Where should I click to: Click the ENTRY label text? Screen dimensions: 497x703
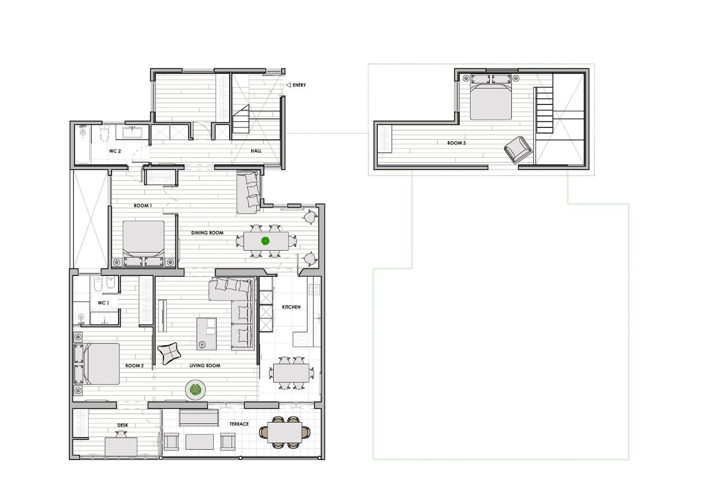[x=299, y=85]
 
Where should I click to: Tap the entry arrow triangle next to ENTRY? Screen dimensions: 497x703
[x=288, y=85]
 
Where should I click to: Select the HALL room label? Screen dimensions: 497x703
[x=256, y=151]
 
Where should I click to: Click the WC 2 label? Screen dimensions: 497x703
[x=115, y=151]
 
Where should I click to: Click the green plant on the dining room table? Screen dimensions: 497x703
[x=265, y=241]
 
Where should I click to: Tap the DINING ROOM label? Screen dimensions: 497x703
[x=207, y=233]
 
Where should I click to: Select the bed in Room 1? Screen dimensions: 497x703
[x=143, y=239]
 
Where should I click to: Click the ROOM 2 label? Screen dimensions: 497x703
[x=135, y=366]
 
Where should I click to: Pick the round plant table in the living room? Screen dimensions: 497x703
[x=195, y=389]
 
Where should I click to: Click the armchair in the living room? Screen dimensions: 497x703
[x=169, y=353]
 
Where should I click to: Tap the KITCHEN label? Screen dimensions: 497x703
[x=291, y=307]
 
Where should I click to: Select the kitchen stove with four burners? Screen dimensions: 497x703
[x=314, y=289]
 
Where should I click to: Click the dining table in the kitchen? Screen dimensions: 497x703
[x=291, y=373]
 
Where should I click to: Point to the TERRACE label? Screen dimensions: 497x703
[x=239, y=424]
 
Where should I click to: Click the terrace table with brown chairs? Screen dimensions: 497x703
[x=284, y=432]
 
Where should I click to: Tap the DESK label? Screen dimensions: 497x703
[x=123, y=425]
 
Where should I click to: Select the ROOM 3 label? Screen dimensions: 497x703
[x=456, y=143]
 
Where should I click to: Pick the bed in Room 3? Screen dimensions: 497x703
[x=490, y=98]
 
